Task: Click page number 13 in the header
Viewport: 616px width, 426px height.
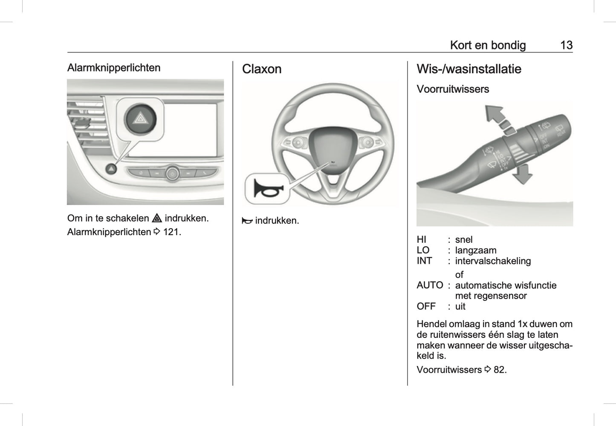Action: pyautogui.click(x=566, y=45)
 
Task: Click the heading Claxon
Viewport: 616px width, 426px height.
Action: pyautogui.click(x=262, y=69)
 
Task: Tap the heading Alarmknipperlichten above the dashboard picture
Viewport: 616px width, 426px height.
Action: pyautogui.click(x=114, y=68)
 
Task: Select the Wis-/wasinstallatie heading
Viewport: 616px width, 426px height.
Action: pyautogui.click(x=469, y=69)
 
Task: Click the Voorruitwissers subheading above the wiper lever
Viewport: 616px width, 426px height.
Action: pyautogui.click(x=453, y=89)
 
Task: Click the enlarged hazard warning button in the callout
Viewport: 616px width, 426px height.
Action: pyautogui.click(x=140, y=119)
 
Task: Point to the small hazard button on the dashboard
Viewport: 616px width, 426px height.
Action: pyautogui.click(x=111, y=169)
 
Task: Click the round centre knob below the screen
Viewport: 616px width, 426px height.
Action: pyautogui.click(x=172, y=173)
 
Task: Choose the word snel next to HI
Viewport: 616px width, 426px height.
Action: pyautogui.click(x=464, y=240)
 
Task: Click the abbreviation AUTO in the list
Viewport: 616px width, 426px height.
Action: pyautogui.click(x=430, y=285)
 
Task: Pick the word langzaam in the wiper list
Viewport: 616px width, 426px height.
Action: pyautogui.click(x=475, y=250)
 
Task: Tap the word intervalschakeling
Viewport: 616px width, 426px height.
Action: pyautogui.click(x=493, y=261)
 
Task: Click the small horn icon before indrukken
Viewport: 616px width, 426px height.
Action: pyautogui.click(x=247, y=221)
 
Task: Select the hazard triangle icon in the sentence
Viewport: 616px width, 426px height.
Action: pyautogui.click(x=157, y=219)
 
